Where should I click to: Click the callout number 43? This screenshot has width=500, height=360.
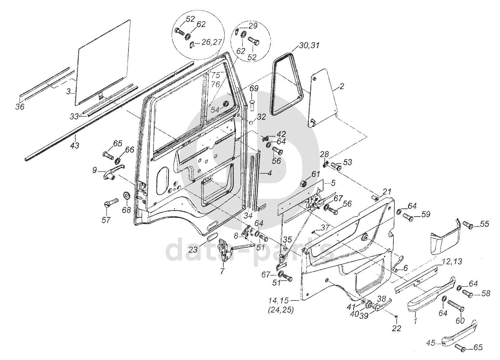pos(74,146)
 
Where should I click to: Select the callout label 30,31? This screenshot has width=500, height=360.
pos(309,45)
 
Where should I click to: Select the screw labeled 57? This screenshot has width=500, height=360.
pos(111,202)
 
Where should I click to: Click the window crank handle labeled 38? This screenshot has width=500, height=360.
pos(383,304)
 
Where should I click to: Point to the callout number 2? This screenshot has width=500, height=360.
pos(342,87)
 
